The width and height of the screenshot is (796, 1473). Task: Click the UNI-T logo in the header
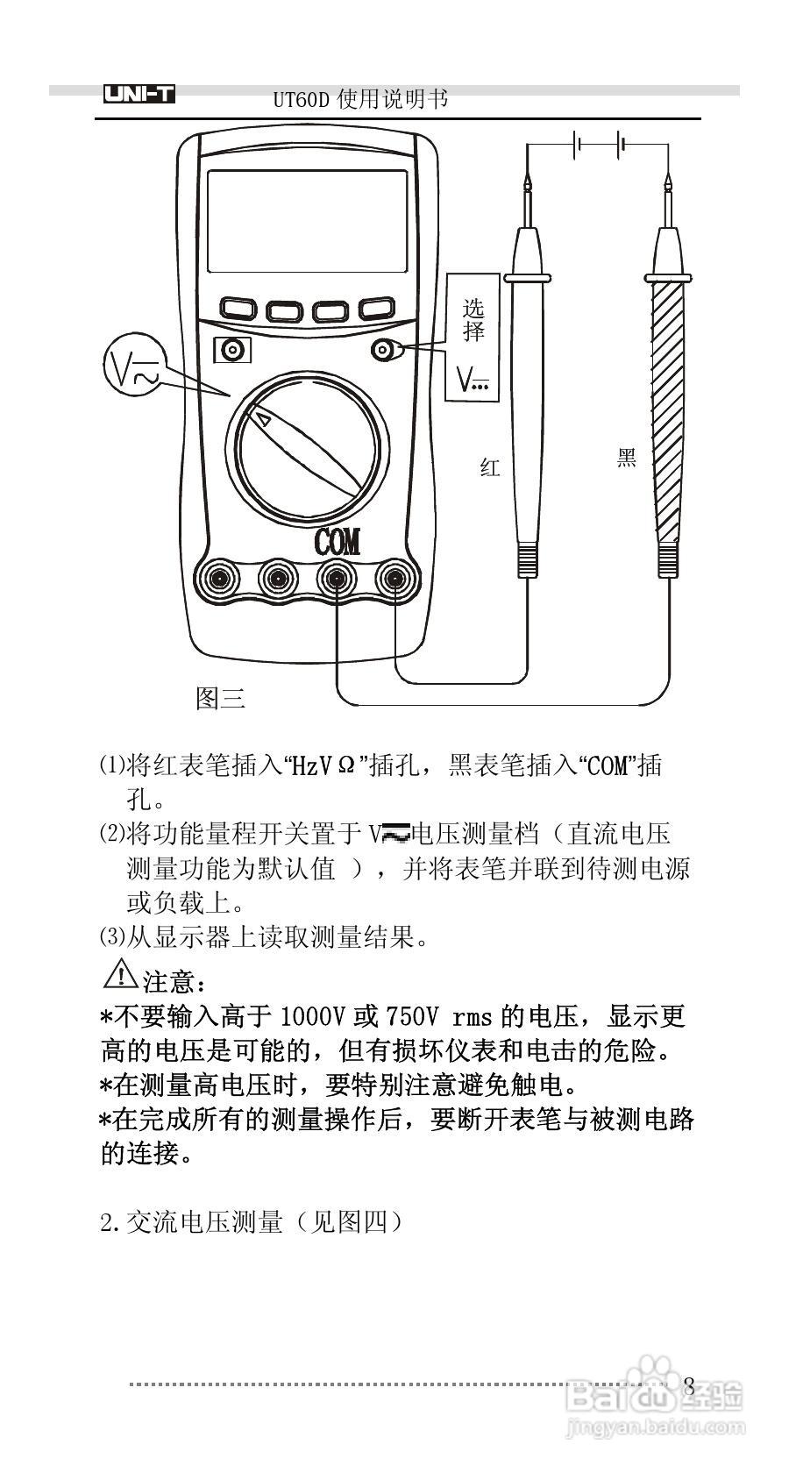139,95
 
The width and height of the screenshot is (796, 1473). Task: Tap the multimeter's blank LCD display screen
307,221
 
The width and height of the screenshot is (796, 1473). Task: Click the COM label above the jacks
338,542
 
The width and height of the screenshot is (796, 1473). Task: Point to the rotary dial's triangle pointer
261,420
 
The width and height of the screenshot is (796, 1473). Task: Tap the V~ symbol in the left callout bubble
132,368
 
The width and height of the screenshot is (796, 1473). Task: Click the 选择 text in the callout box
473,320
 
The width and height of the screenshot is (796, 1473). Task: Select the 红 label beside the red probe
490,467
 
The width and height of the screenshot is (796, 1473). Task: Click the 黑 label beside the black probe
626,458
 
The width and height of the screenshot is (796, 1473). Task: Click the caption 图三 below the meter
220,698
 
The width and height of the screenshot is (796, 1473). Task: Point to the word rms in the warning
473,1018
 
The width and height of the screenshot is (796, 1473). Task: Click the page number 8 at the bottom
689,1386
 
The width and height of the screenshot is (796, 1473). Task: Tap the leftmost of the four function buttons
237,309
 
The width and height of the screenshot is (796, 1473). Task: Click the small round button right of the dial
382,351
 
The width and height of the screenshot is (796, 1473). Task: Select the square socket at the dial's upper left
232,351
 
